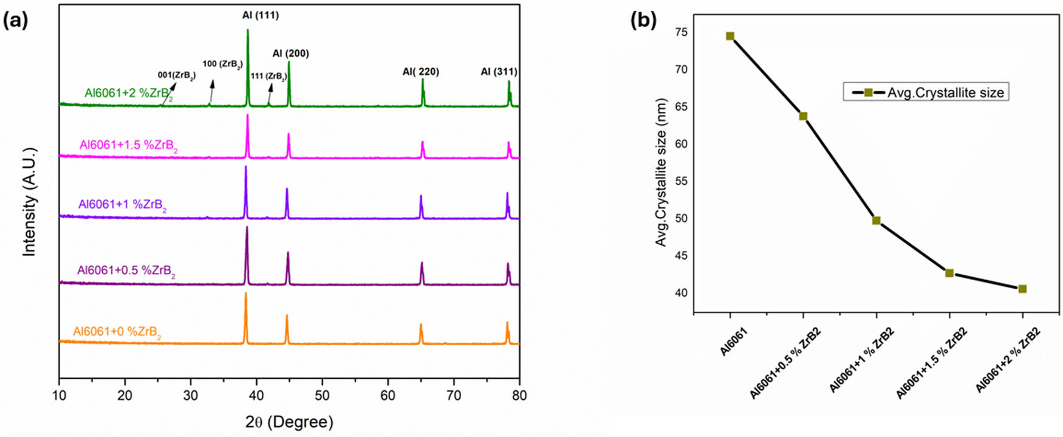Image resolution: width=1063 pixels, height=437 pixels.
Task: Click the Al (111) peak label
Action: [260, 15]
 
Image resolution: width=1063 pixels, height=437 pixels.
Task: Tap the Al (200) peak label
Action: [290, 53]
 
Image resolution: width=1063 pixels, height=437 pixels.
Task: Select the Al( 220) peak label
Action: [420, 72]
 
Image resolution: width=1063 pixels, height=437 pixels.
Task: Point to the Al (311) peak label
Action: [499, 72]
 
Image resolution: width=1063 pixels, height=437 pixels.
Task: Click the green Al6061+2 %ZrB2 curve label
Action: [128, 94]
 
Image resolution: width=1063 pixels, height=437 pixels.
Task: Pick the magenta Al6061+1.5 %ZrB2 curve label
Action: [128, 146]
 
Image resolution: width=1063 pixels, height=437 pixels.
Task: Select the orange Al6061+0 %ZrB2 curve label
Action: [117, 332]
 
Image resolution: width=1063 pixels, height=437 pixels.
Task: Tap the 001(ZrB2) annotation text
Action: [176, 75]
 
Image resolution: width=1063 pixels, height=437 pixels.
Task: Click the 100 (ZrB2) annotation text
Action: [222, 64]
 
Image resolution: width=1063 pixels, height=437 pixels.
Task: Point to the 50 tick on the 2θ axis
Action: [322, 396]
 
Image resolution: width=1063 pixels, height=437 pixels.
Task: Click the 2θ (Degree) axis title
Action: [289, 422]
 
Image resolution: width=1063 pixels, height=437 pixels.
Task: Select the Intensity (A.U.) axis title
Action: [29, 201]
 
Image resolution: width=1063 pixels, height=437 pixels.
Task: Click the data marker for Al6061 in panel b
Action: [730, 36]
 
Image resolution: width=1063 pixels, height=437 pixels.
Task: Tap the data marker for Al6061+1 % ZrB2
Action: [876, 220]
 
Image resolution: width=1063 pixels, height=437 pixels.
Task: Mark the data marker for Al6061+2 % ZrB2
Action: [1022, 289]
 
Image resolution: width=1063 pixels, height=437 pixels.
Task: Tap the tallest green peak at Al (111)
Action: [247, 30]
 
